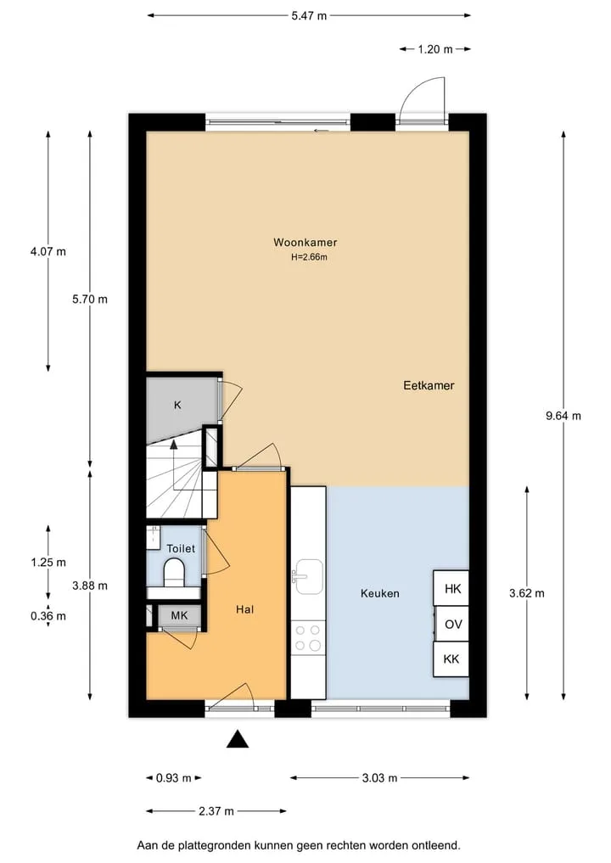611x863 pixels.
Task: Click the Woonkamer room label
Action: (x=305, y=242)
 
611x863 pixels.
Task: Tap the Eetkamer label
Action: (x=429, y=385)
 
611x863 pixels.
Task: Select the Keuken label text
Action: (x=380, y=593)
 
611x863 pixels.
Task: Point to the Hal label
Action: (x=245, y=609)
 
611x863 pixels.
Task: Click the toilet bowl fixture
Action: (x=175, y=573)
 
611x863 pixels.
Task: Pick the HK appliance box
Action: (x=451, y=588)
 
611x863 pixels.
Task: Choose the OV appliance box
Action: (x=452, y=625)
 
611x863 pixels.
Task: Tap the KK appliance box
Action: (x=451, y=658)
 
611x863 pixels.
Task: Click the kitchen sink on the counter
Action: (x=309, y=577)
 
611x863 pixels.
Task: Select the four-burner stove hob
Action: (x=308, y=637)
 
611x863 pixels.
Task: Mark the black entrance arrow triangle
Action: (x=238, y=739)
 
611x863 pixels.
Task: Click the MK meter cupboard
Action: (x=179, y=616)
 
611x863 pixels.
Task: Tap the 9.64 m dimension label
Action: (x=563, y=416)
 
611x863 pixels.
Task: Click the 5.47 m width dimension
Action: (x=310, y=16)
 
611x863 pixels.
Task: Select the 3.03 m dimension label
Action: (x=380, y=778)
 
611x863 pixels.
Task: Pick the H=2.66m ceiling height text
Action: (x=310, y=257)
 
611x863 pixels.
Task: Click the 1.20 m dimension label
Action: (x=434, y=49)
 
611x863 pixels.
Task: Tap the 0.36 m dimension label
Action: (x=48, y=616)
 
